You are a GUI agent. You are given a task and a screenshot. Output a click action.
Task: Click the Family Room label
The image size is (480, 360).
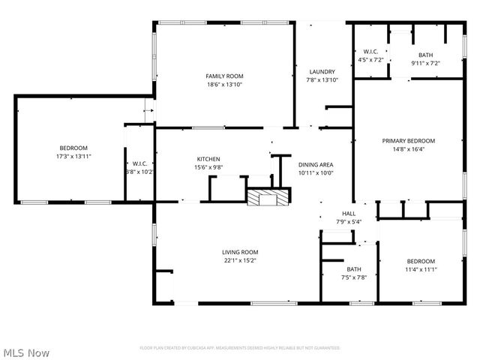[224, 76]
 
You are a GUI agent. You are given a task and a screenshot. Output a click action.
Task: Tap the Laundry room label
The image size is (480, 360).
[322, 72]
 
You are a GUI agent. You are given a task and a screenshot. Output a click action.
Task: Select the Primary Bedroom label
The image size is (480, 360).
[408, 140]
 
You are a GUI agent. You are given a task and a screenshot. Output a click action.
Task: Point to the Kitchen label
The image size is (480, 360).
[208, 159]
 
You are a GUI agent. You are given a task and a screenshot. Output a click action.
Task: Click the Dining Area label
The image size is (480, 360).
[315, 164]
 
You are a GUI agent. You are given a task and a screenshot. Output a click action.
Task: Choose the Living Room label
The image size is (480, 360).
[239, 252]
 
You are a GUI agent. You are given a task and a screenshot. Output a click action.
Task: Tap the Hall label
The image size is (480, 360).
[349, 214]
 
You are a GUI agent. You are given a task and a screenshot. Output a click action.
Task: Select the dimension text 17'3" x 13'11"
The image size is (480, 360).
[73, 156]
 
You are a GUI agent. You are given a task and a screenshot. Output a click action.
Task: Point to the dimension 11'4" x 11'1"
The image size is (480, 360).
[421, 269]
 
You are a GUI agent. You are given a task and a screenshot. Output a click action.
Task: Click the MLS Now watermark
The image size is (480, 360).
[26, 352]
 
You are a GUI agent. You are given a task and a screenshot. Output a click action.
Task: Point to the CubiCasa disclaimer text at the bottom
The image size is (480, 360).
[240, 348]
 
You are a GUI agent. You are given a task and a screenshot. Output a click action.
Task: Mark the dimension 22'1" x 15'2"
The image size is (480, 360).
[239, 260]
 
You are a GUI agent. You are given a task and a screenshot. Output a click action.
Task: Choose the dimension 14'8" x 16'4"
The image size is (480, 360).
[408, 148]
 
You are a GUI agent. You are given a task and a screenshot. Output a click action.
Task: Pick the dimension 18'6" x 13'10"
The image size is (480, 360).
[224, 84]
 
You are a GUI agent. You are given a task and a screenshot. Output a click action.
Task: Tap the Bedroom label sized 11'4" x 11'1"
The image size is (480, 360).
[421, 261]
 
